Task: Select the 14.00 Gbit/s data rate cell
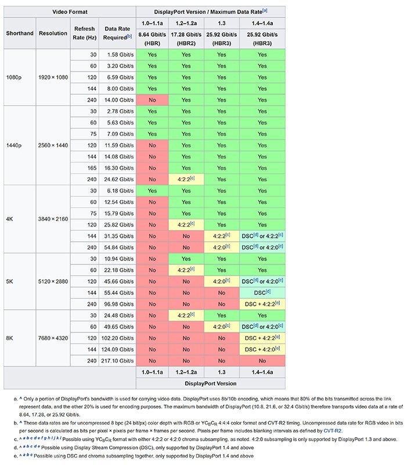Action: coord(120,100)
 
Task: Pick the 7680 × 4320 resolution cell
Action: coord(53,338)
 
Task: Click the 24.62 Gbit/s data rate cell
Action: coord(120,179)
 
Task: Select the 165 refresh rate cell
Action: coord(93,167)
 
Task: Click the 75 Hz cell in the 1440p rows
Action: coord(93,134)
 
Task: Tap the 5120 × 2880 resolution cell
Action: coord(53,281)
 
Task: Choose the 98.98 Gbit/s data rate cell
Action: coord(120,304)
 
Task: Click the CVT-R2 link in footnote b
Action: coord(333,431)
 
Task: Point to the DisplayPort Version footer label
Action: coord(211,383)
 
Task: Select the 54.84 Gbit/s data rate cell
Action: coord(120,247)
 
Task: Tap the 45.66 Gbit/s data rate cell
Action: coord(120,281)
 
